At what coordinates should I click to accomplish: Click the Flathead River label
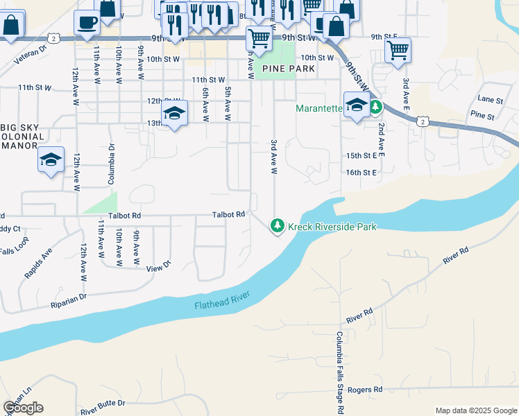pyautogui.click(x=221, y=301)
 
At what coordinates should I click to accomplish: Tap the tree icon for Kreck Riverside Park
pyautogui.click(x=278, y=225)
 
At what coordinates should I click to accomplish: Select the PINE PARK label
pyautogui.click(x=288, y=69)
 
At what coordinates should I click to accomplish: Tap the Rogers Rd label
pyautogui.click(x=365, y=390)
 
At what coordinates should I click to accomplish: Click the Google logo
pyautogui.click(x=23, y=408)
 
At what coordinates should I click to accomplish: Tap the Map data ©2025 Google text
pyautogui.click(x=475, y=410)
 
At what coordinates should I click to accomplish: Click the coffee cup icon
pyautogui.click(x=87, y=22)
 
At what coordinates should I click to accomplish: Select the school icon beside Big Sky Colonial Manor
pyautogui.click(x=51, y=160)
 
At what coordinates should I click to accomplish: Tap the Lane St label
pyautogui.click(x=490, y=101)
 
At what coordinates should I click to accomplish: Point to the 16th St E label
pyautogui.click(x=361, y=171)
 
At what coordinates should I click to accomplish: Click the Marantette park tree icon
pyautogui.click(x=375, y=107)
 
